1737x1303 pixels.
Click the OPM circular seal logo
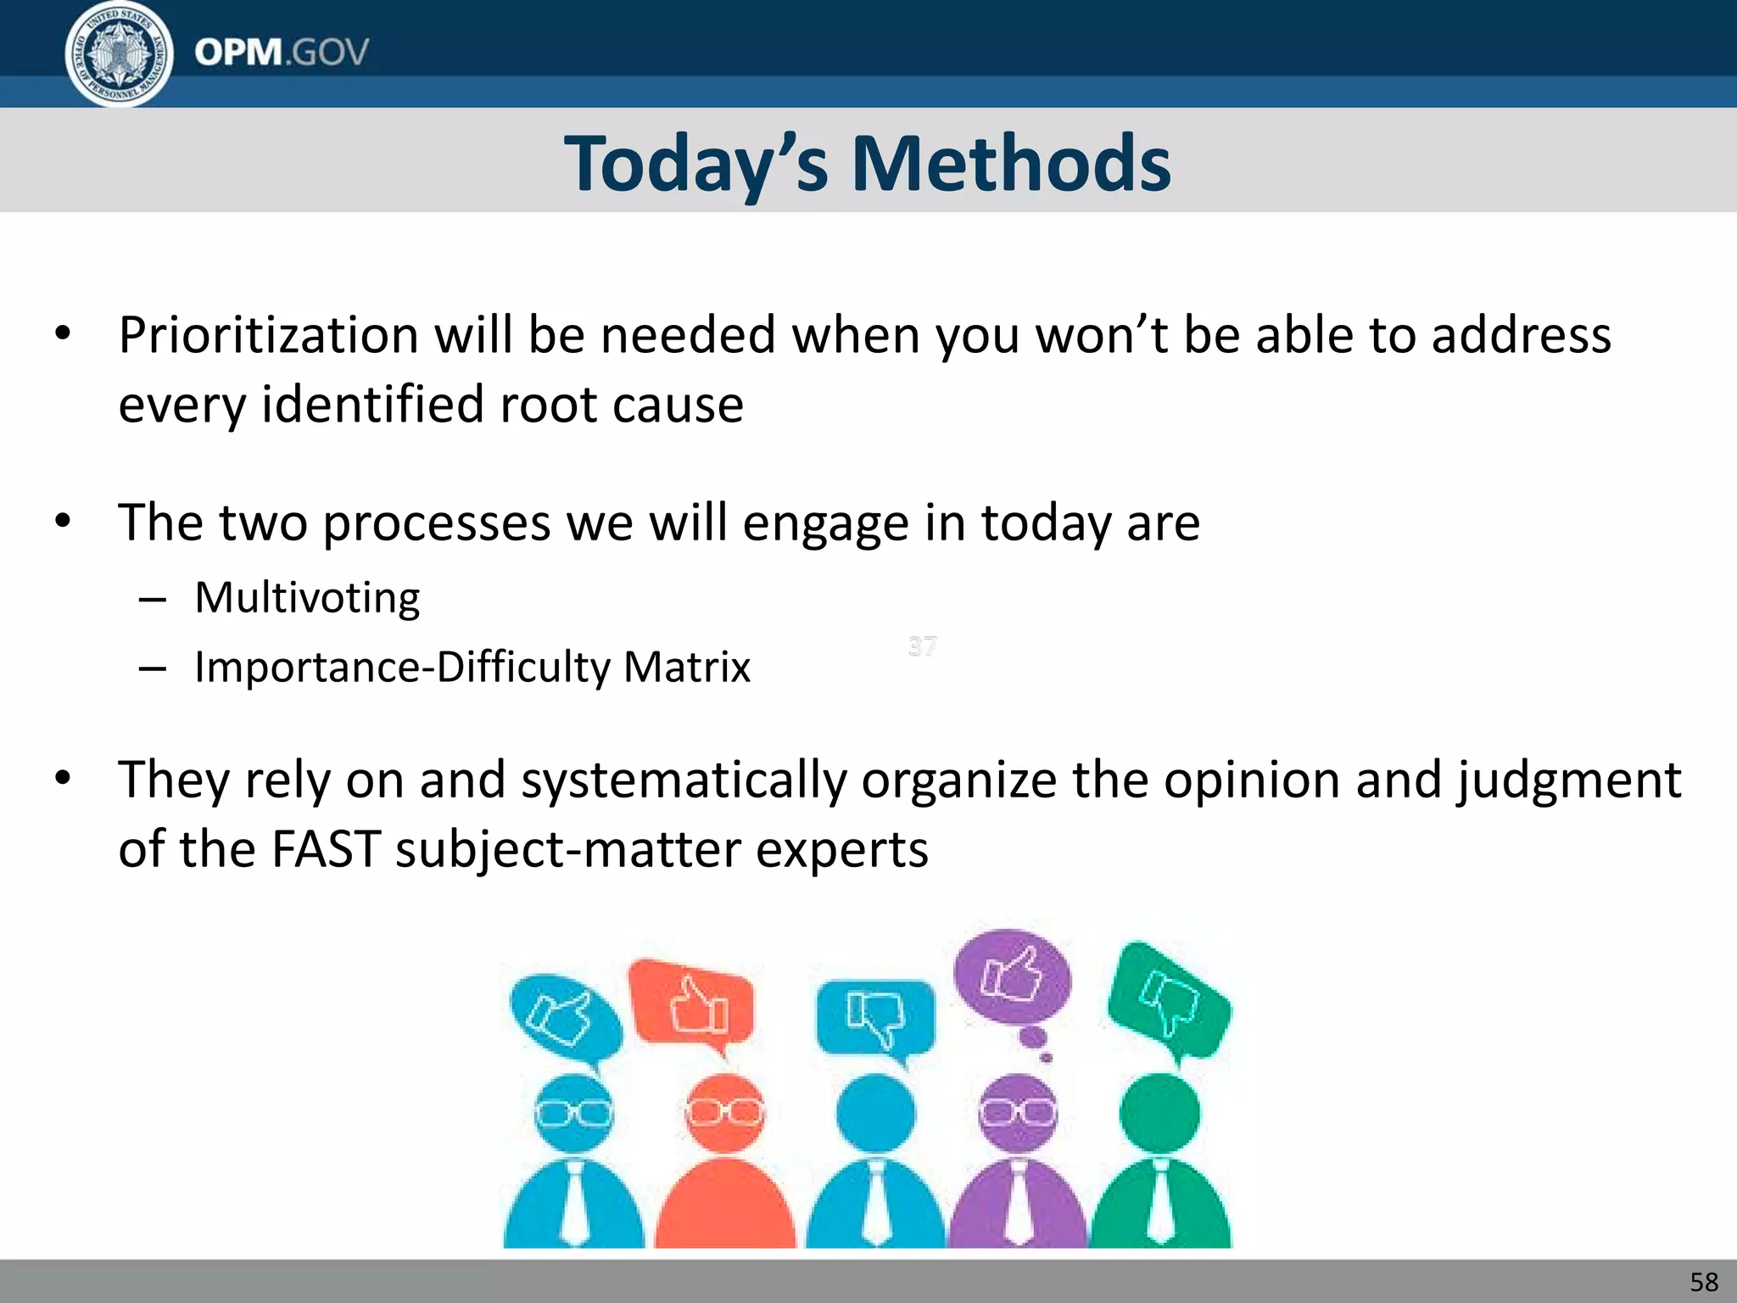click(x=120, y=53)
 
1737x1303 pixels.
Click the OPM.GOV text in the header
click(x=282, y=53)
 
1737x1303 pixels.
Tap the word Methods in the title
click(x=1010, y=163)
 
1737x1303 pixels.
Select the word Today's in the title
click(x=695, y=163)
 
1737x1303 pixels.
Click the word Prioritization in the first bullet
click(x=268, y=334)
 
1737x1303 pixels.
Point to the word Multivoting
click(x=307, y=597)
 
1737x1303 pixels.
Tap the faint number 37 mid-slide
click(x=923, y=646)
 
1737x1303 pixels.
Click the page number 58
click(x=1704, y=1282)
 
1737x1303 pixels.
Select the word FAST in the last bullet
click(x=325, y=848)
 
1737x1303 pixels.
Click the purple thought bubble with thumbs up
click(x=1012, y=978)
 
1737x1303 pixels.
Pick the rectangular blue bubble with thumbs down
click(x=875, y=1017)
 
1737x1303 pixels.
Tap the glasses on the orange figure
click(x=724, y=1112)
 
